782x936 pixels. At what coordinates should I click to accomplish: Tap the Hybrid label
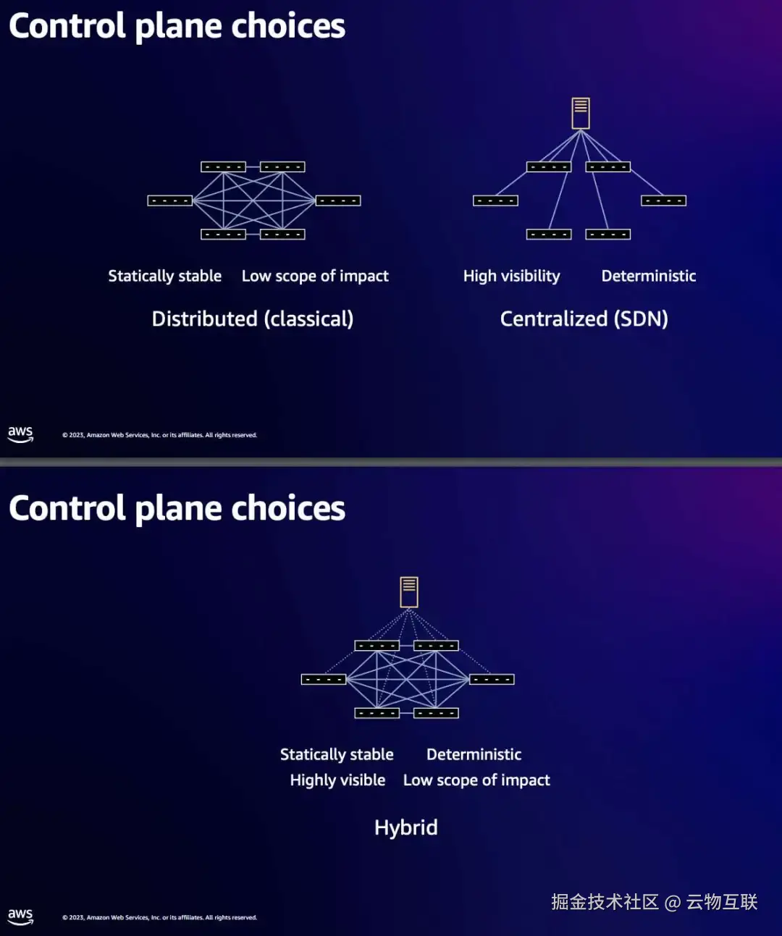[405, 827]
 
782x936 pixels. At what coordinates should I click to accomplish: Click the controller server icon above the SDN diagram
[581, 114]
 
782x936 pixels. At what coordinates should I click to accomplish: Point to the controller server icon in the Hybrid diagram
[409, 592]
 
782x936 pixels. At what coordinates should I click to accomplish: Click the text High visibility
[512, 276]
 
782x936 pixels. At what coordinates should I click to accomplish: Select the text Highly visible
[337, 780]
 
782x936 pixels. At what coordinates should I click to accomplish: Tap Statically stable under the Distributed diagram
[164, 276]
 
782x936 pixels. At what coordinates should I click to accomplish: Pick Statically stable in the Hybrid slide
[337, 755]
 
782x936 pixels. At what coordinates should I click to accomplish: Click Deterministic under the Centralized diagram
[648, 276]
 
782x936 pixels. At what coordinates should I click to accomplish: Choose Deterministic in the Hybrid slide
[474, 754]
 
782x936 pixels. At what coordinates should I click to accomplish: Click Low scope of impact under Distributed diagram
[315, 276]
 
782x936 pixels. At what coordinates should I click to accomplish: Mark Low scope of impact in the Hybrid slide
[476, 780]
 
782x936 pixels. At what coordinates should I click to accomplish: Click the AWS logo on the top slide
[20, 434]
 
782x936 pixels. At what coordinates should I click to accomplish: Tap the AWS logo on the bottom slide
[20, 916]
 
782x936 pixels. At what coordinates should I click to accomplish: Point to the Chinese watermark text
[655, 902]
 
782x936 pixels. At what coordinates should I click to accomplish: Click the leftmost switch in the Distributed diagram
[170, 201]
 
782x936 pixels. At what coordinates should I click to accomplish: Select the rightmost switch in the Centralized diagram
[664, 201]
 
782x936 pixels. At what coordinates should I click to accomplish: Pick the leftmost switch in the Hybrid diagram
[323, 680]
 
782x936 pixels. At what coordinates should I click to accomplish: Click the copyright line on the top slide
[159, 435]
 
